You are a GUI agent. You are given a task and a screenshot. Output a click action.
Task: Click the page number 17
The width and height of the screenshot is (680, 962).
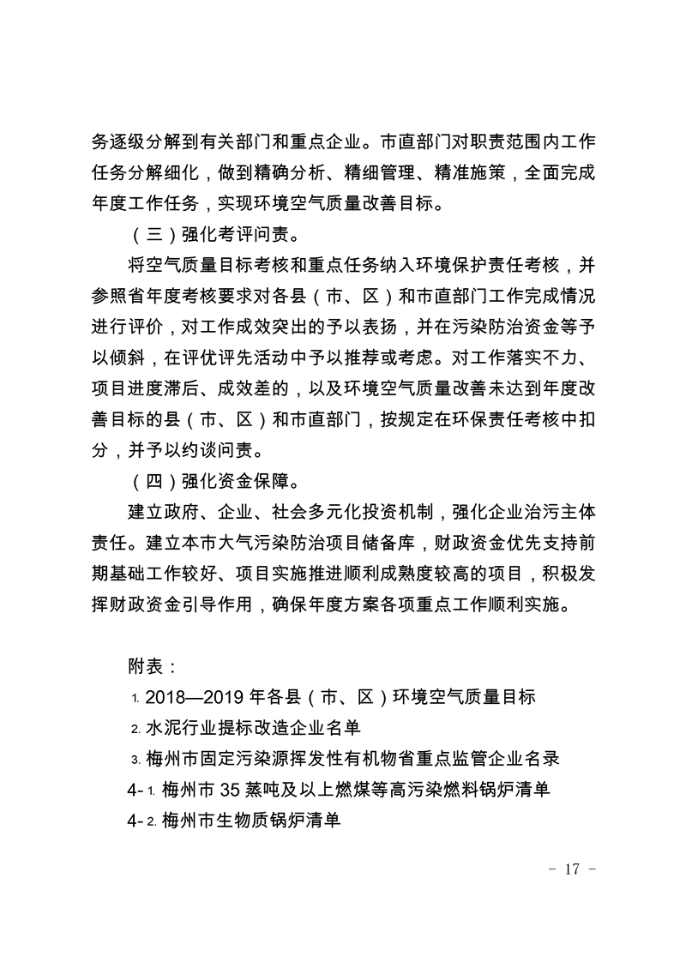pos(571,868)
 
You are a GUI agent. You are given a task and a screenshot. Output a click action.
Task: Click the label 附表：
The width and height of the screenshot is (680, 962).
pos(153,666)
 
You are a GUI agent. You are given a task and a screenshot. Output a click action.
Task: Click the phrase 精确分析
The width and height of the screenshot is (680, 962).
pos(307,172)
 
